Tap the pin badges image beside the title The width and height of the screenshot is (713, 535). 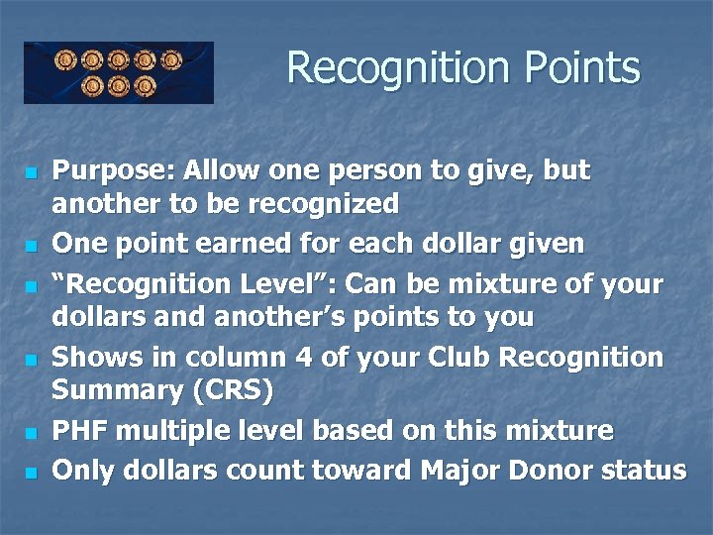coord(119,72)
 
